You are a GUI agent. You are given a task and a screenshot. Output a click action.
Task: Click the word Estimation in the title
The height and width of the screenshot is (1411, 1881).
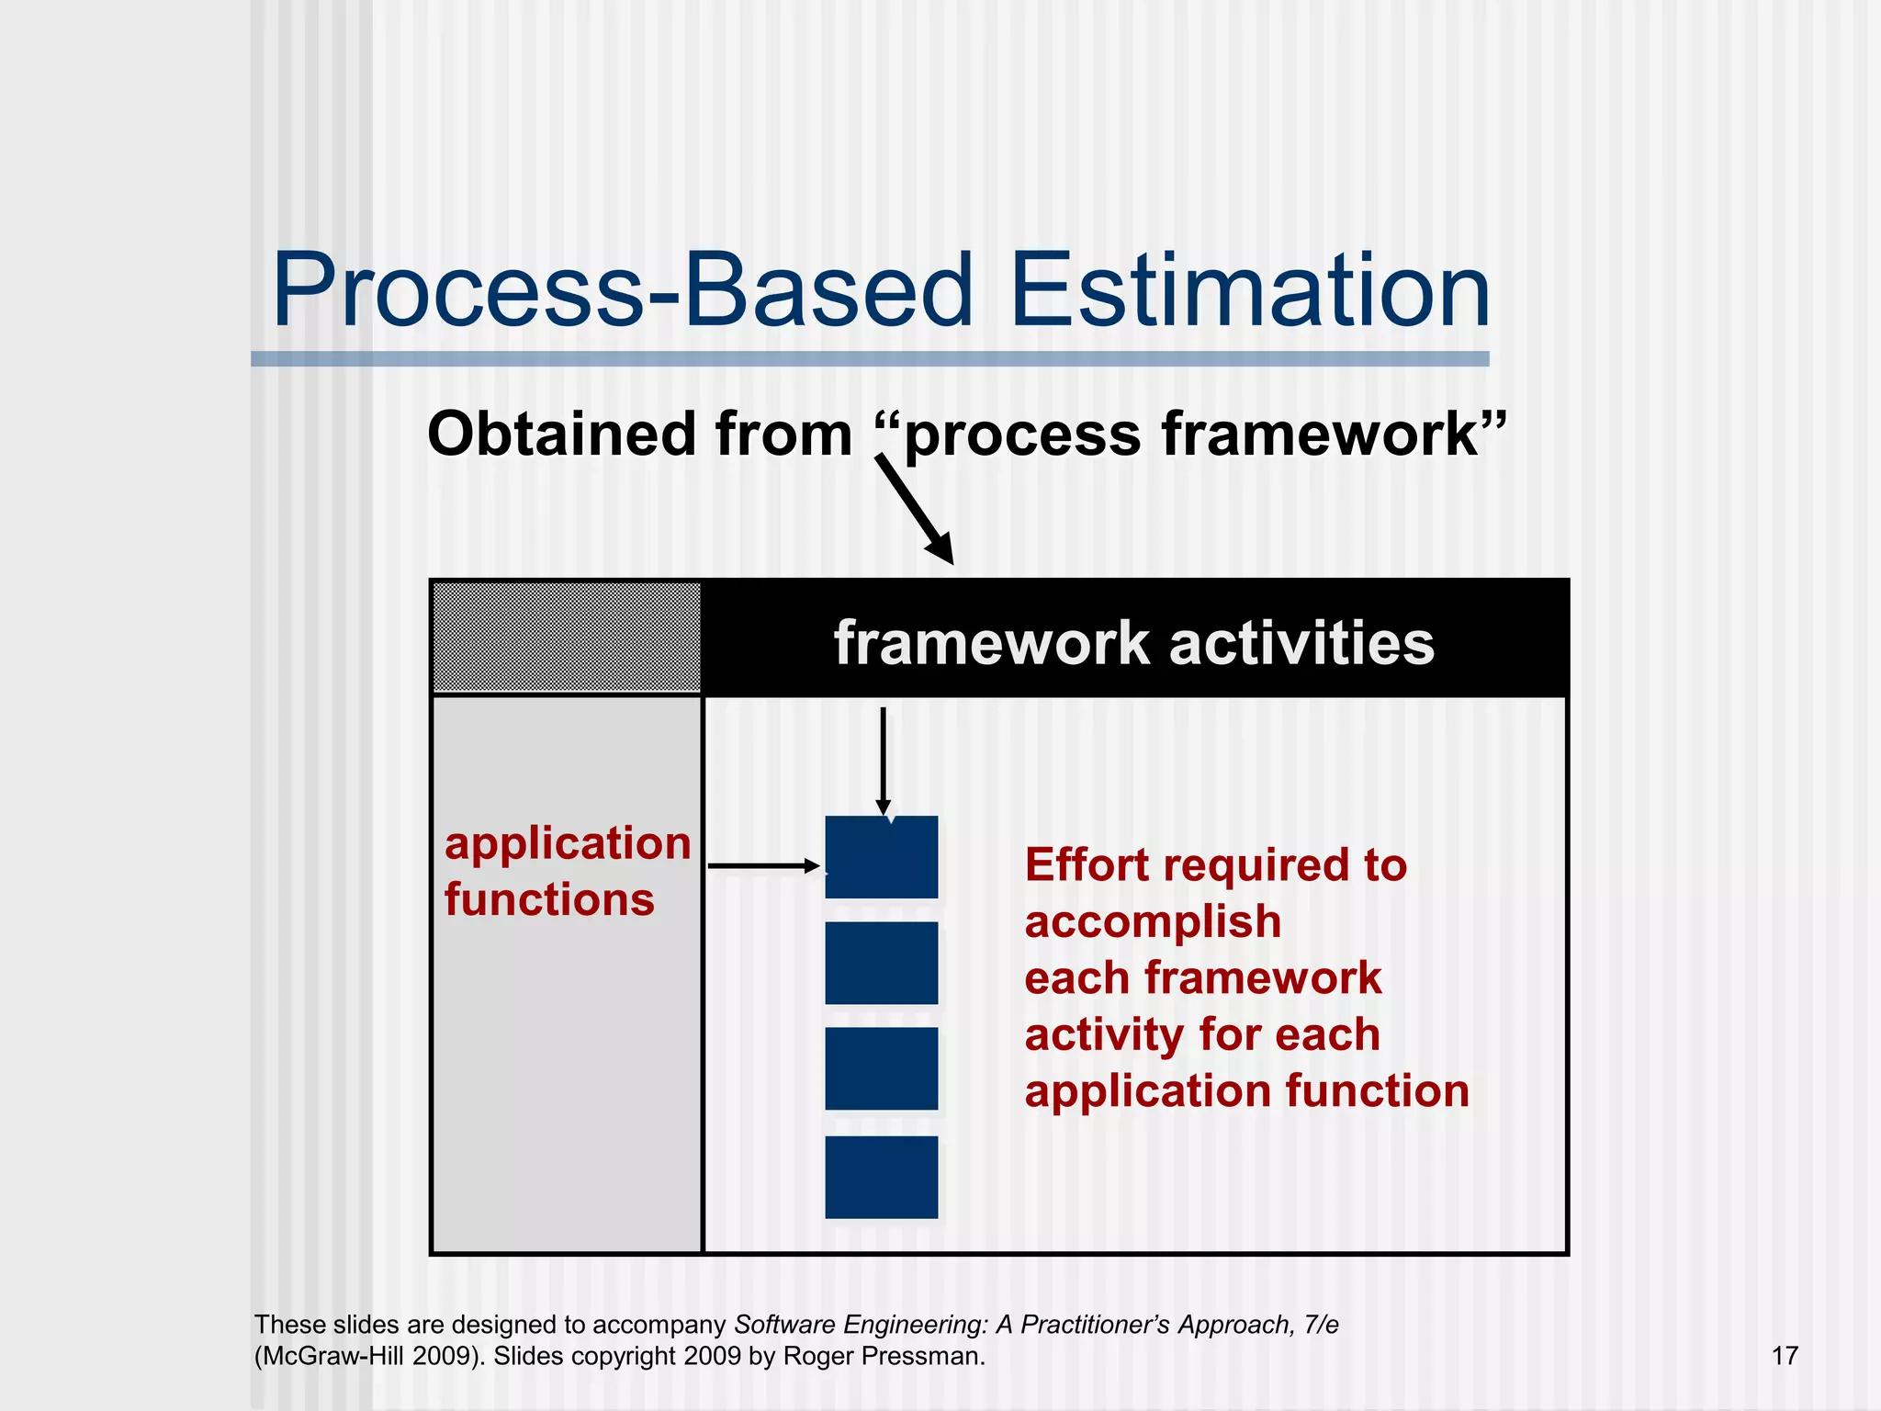point(1249,292)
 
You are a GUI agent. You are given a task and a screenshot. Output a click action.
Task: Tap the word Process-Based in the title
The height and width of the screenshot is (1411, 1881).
point(622,292)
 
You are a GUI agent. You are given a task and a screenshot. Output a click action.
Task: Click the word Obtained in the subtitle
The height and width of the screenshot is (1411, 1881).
point(560,434)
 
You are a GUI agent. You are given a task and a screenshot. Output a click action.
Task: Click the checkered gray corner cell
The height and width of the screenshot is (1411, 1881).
point(567,638)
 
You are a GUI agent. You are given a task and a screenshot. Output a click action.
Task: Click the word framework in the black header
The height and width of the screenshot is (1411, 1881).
point(991,643)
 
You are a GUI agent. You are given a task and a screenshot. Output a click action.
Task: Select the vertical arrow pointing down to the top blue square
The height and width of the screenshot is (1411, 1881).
point(883,759)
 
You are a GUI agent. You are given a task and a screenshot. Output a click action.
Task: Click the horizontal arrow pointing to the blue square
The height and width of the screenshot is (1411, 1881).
point(762,865)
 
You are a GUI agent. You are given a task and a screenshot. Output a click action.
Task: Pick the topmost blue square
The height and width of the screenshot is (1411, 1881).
point(882,857)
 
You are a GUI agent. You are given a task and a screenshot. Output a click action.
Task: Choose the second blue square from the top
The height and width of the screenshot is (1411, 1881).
point(882,963)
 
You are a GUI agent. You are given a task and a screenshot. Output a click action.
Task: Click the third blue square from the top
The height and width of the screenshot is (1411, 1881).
point(882,1068)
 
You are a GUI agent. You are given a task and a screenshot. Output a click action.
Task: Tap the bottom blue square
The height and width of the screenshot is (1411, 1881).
point(882,1177)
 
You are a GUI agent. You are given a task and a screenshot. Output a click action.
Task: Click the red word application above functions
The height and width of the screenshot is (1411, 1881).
point(568,843)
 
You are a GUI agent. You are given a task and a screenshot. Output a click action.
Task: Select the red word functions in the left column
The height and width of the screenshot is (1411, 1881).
point(549,899)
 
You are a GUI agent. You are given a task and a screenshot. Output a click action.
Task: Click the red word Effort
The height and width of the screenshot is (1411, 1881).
point(1087,865)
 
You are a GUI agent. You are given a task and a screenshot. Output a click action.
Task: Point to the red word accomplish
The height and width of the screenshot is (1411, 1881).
point(1153,921)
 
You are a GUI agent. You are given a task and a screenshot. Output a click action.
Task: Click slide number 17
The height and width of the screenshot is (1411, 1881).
point(1785,1356)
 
